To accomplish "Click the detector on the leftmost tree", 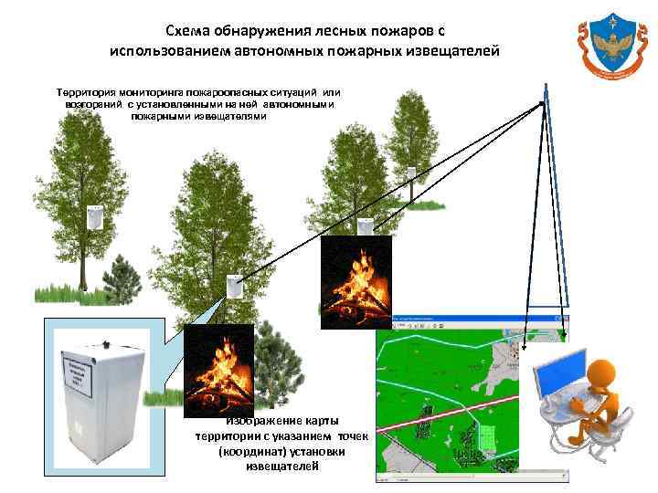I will pos(94,217).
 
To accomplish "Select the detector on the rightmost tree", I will pos(413,174).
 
